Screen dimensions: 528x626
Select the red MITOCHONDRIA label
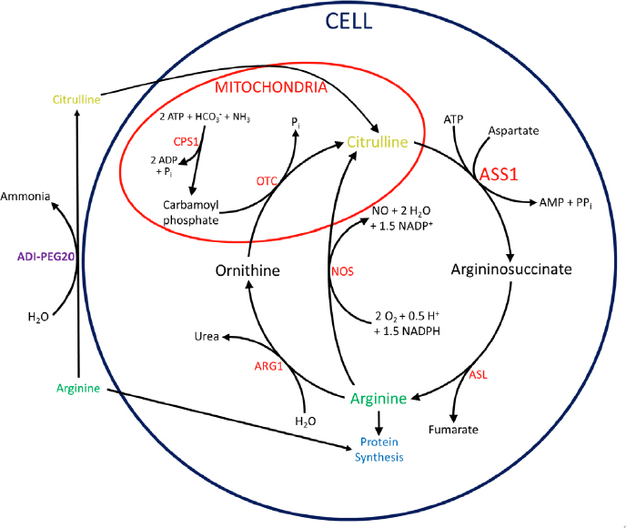272,88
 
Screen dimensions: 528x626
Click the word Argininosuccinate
511,270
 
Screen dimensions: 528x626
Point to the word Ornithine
247,270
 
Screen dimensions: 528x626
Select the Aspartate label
515,131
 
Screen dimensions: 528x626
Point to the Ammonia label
27,197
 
